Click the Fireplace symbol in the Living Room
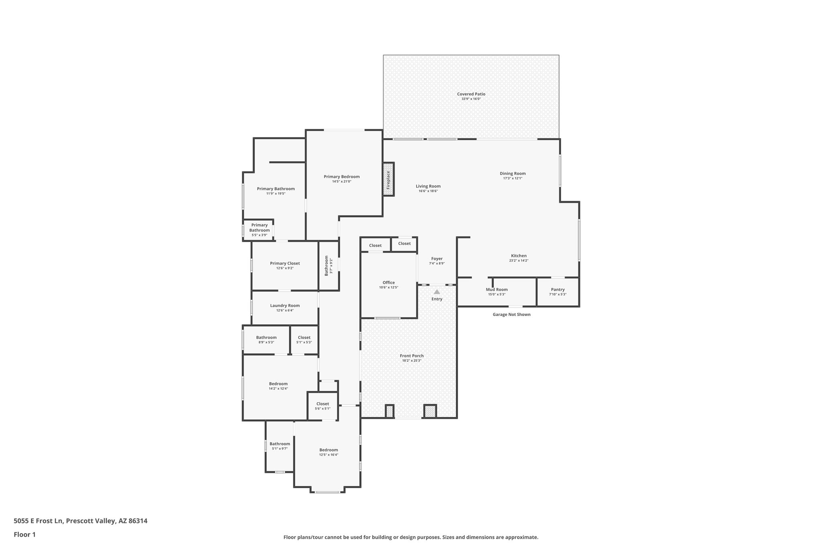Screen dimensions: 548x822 pos(388,179)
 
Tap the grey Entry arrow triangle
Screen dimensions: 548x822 pos(437,292)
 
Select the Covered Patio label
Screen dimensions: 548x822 pos(471,94)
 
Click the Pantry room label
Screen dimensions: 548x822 pos(557,289)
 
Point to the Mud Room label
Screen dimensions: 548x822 pos(496,289)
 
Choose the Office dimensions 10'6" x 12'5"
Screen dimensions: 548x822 pos(389,287)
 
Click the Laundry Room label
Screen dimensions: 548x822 pos(285,306)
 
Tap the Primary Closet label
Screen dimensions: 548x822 pos(285,263)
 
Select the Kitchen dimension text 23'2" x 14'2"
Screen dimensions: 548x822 pos(519,261)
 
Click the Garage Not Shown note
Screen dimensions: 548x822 pos(511,314)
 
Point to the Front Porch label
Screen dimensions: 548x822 pos(411,356)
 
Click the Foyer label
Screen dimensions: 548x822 pos(437,259)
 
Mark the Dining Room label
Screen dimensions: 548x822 pos(513,173)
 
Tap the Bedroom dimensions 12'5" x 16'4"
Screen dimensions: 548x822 pos(328,455)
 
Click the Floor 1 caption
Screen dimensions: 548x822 pos(24,535)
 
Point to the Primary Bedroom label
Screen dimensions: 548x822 pos(342,177)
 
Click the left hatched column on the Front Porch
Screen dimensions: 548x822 pos(389,412)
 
